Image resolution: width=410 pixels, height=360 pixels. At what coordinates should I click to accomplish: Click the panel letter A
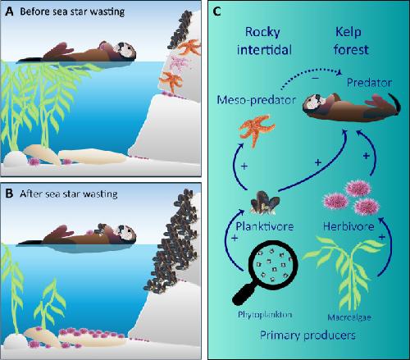click(x=9, y=11)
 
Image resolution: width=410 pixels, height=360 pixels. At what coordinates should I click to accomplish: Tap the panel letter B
click(x=9, y=194)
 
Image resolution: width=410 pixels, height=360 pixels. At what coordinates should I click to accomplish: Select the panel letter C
click(x=216, y=11)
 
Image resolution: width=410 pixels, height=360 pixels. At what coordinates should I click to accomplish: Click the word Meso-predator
click(x=257, y=100)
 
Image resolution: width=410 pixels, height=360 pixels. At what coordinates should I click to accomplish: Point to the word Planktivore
click(x=265, y=226)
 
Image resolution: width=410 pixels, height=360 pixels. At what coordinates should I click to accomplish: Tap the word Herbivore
click(x=348, y=226)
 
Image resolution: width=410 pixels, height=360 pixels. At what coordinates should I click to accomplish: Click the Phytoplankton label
click(x=265, y=315)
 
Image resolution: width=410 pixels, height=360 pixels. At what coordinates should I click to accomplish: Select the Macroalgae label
click(x=349, y=317)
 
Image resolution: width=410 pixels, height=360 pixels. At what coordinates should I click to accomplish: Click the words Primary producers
click(x=307, y=335)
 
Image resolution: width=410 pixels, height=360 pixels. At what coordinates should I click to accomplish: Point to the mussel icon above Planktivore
click(x=265, y=203)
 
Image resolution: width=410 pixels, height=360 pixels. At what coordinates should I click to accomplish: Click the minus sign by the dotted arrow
click(x=316, y=79)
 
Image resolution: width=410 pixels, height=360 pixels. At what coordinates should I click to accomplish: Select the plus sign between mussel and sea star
click(x=244, y=166)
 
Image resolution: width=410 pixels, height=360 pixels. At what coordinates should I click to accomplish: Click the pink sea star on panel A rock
click(x=178, y=63)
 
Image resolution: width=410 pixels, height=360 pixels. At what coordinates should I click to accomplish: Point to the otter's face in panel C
click(x=313, y=102)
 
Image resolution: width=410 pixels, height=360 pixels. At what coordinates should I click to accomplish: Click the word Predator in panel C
click(x=369, y=83)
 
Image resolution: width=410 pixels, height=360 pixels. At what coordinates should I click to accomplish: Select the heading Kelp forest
click(x=351, y=41)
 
